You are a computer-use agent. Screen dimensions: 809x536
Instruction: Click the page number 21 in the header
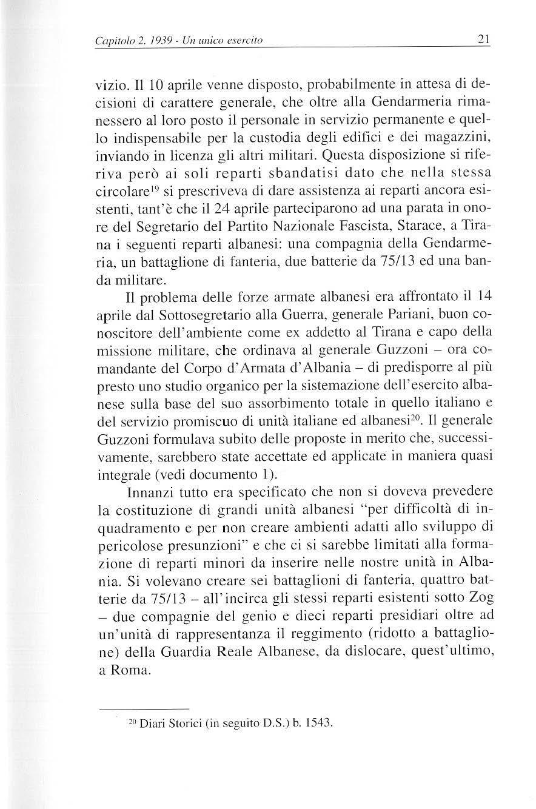484,41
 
